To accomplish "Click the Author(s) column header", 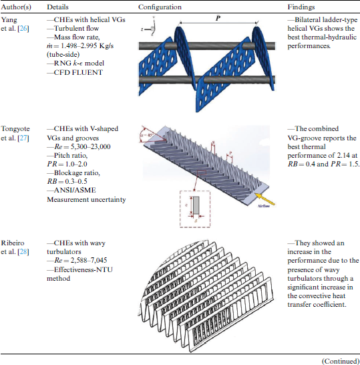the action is (16, 7).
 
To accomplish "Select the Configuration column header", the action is (160, 7).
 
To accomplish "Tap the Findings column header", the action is (301, 7).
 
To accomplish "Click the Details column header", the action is (57, 7).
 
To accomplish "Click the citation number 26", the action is (23, 29).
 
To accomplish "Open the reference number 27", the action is (23, 138).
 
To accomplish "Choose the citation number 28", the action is (23, 252).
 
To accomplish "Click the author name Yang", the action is (9, 20).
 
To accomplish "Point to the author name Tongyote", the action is (15, 129).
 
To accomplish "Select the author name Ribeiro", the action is (13, 243).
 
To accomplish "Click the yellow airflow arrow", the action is (264, 199).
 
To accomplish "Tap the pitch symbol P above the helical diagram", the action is (218, 18).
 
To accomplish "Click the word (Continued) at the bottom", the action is (341, 361).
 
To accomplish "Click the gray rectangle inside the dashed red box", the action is (196, 205).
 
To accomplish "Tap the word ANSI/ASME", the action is (75, 191).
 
